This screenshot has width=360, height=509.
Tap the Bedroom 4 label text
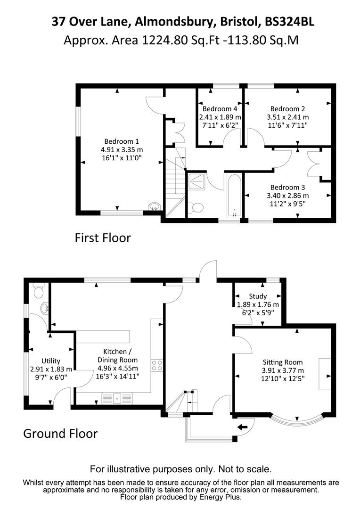221,108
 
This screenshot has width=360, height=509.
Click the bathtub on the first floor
234,196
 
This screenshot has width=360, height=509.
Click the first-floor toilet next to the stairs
196,207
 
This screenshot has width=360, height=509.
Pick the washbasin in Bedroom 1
154,206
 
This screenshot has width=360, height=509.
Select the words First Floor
102,238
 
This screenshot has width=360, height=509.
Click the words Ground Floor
60,433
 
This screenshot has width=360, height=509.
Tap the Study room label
258,296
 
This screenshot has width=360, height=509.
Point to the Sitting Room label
283,362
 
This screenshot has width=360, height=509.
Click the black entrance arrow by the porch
243,427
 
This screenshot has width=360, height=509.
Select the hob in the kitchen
157,365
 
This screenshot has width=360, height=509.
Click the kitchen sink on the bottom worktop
117,398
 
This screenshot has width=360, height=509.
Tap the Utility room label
51,361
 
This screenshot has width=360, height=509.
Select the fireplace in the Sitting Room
325,373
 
